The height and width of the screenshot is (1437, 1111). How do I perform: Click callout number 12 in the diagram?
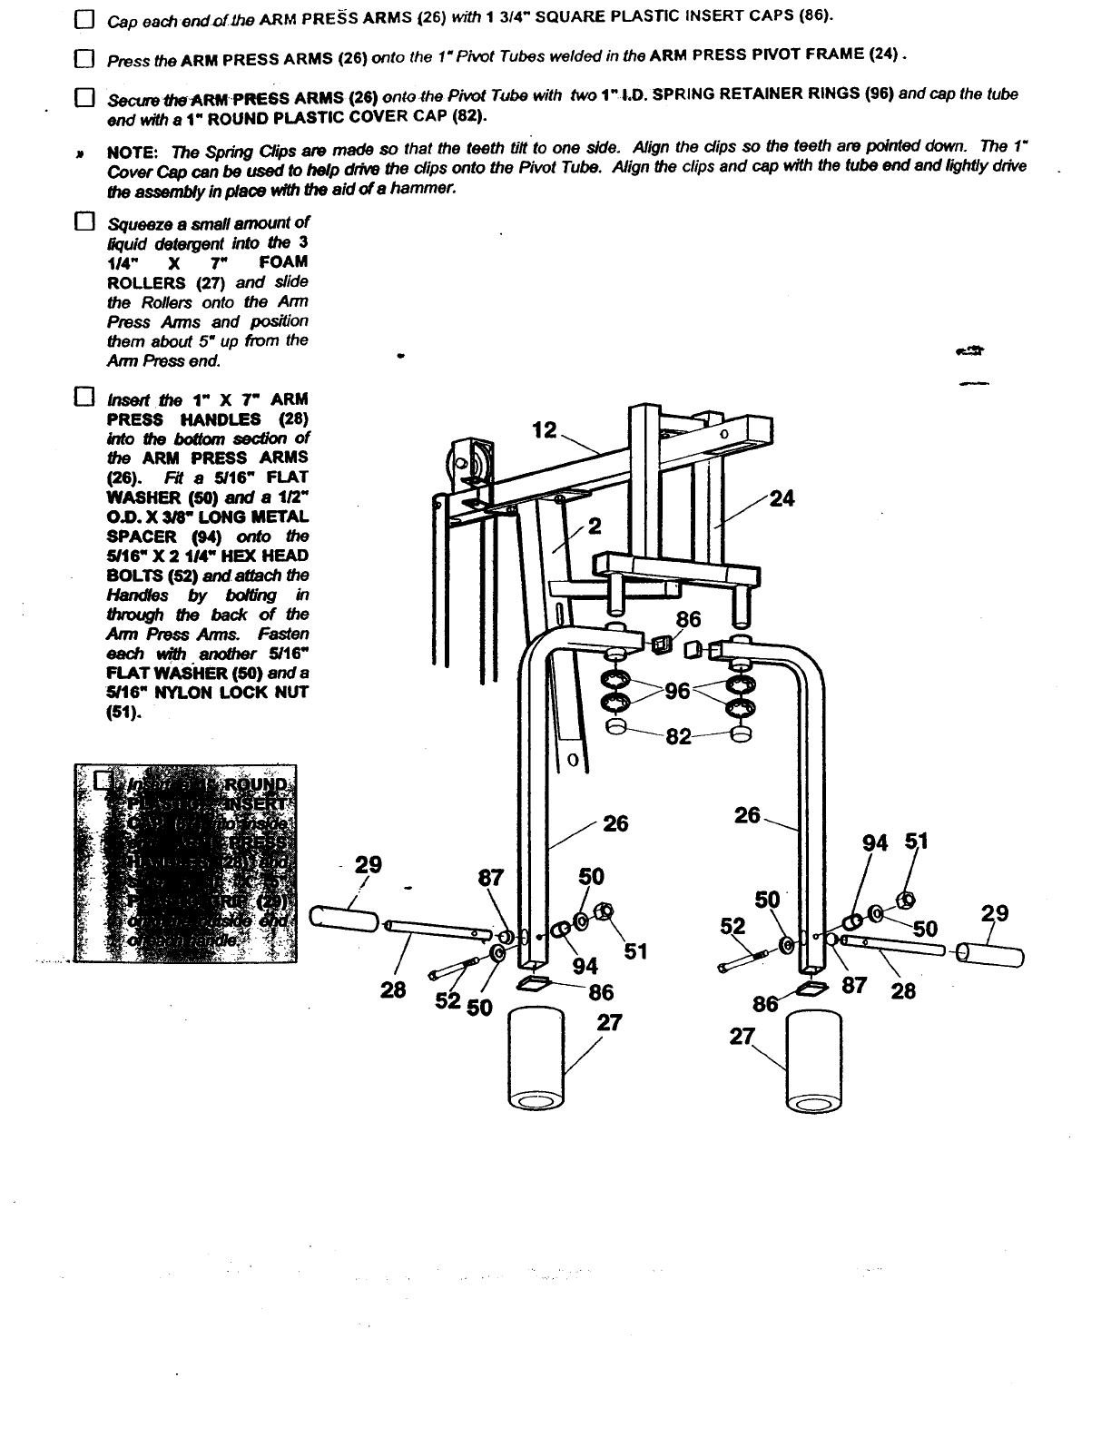(545, 430)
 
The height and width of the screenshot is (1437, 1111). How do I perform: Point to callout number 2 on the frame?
(595, 527)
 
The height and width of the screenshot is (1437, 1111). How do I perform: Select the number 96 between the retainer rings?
(678, 692)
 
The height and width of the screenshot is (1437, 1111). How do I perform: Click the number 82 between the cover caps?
(678, 735)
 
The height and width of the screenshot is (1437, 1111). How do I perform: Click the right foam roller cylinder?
(815, 1060)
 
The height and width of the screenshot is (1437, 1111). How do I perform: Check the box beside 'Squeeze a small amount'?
(84, 222)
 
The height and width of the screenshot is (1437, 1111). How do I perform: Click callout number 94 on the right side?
(875, 843)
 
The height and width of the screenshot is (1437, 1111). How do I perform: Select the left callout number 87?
(490, 879)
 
